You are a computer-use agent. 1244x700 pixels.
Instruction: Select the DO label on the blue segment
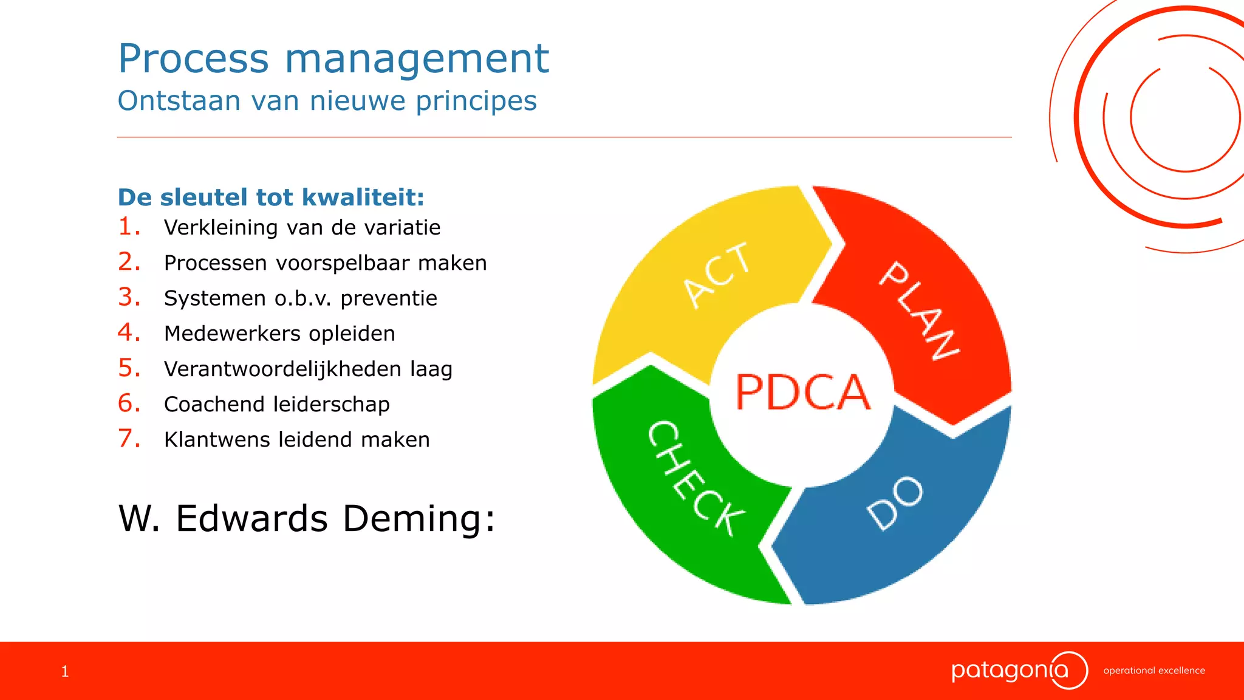click(895, 503)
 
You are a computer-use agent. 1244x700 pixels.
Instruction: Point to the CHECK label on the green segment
click(695, 478)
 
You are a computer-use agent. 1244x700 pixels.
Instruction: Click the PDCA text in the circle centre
click(802, 393)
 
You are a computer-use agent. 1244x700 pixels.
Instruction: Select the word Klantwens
click(217, 439)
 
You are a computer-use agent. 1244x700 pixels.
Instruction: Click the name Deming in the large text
click(419, 518)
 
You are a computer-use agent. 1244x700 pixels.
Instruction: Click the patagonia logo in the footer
click(1018, 670)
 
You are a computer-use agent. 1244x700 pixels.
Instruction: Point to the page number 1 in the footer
click(65, 671)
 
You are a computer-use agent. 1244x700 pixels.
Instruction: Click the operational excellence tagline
click(1153, 671)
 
